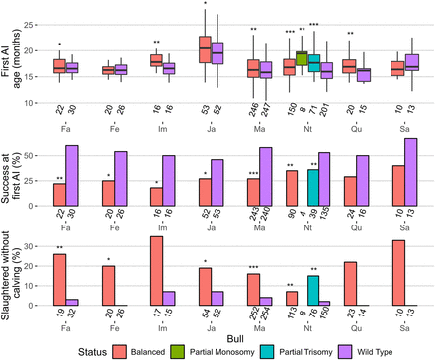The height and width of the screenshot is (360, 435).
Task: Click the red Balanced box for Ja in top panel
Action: [205, 48]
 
